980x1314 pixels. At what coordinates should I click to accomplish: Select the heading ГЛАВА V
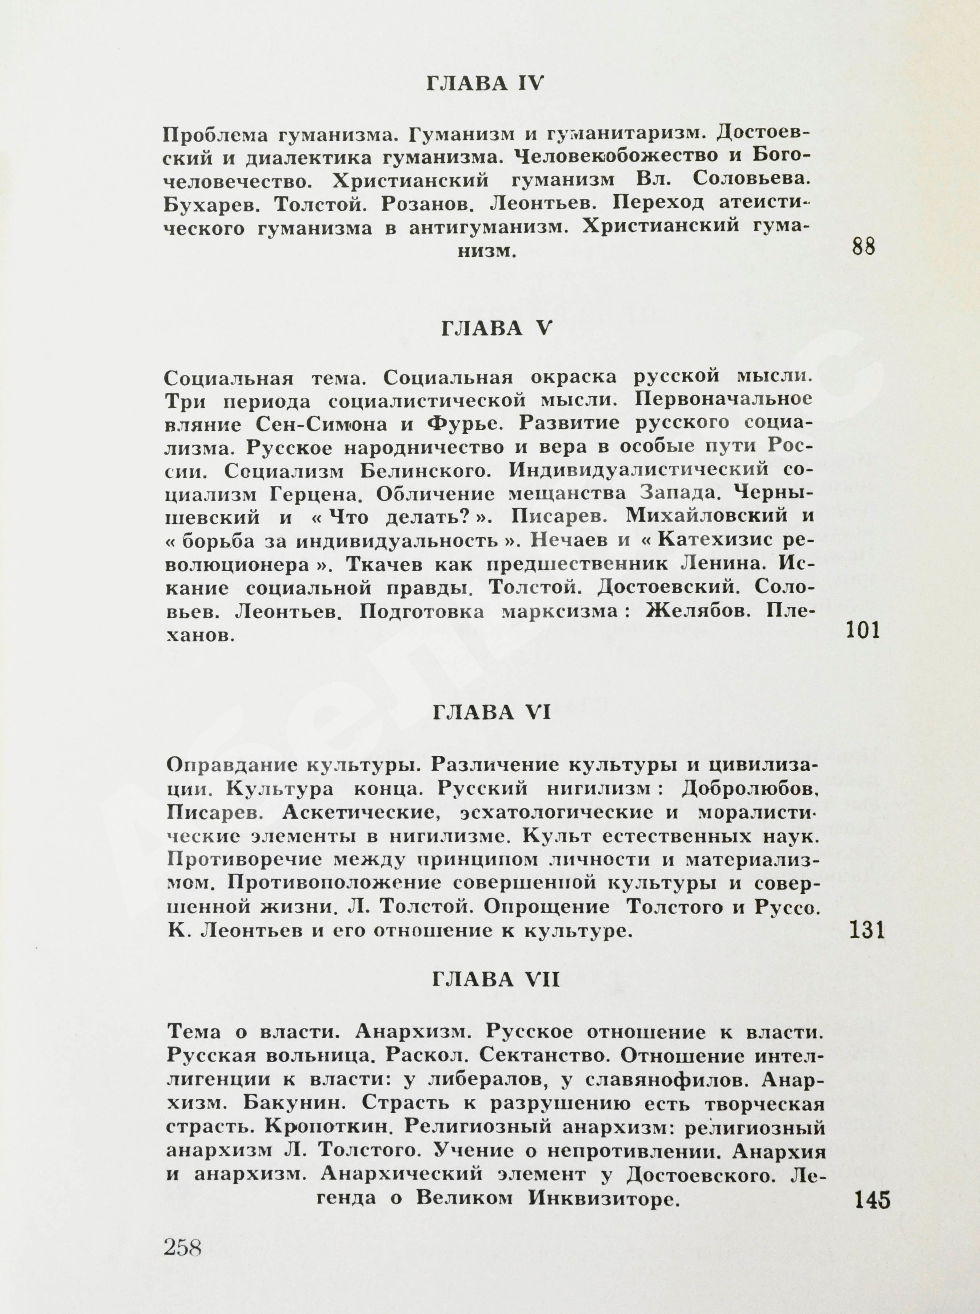pos(496,330)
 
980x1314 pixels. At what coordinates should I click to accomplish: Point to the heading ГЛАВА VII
pos(496,980)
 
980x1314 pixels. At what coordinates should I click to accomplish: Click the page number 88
pos(863,246)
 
